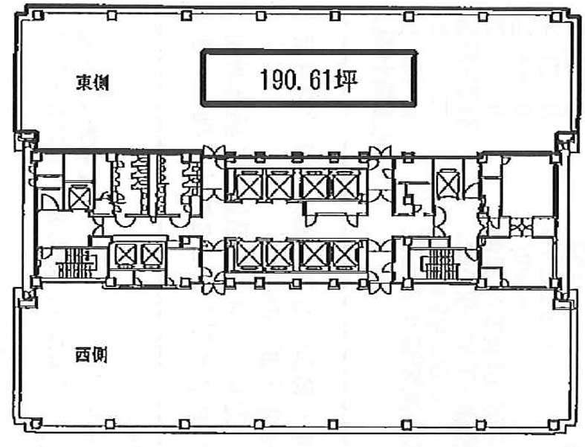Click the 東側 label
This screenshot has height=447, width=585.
point(92,83)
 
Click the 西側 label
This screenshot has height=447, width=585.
point(91,354)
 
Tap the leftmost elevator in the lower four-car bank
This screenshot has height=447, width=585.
point(247,255)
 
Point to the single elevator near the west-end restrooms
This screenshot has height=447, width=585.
point(80,197)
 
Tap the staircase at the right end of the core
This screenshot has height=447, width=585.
point(439,263)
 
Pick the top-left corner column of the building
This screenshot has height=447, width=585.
point(37,16)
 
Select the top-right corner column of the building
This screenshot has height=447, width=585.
point(557,16)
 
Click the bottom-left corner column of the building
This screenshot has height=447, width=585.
point(36,423)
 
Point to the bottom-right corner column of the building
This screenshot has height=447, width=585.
point(555,425)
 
